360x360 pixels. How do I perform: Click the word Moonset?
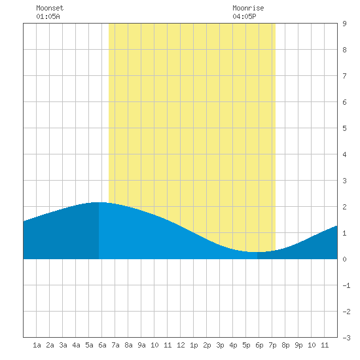tap(50, 8)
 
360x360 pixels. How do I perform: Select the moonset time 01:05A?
tap(48, 16)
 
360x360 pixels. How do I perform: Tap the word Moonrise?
tap(248, 8)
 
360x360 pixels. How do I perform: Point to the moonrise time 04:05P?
tap(244, 16)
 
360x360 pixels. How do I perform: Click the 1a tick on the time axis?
tap(37, 345)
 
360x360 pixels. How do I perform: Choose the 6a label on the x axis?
tap(102, 345)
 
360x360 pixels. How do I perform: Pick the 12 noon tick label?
tap(181, 345)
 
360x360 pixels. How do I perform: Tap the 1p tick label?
tap(194, 345)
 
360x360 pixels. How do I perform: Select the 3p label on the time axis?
tap(220, 345)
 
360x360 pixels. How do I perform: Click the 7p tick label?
tap(272, 345)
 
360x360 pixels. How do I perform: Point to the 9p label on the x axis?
tap(298, 345)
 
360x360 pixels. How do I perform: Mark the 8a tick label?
tap(128, 345)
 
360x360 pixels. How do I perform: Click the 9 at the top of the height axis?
tap(344, 24)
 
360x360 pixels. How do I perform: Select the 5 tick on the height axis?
tap(344, 128)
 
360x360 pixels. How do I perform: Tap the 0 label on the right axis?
tap(344, 259)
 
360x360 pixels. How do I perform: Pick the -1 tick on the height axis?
tap(346, 285)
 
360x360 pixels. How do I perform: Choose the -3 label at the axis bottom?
tap(346, 338)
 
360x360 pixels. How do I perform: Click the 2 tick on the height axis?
tap(344, 207)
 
